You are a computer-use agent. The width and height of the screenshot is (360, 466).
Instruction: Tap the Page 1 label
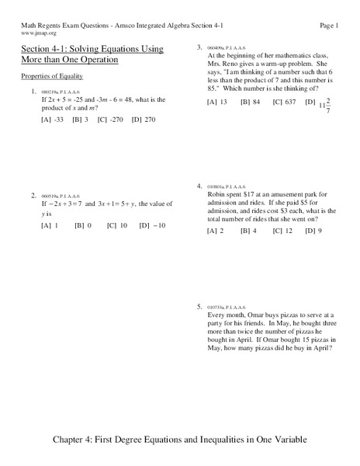tap(330, 26)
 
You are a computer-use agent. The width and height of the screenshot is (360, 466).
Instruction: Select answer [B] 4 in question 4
tap(248, 231)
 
